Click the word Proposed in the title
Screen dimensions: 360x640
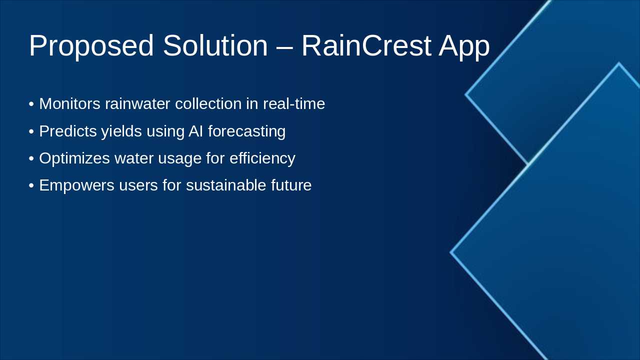[x=91, y=46]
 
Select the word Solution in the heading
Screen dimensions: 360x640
[x=215, y=46]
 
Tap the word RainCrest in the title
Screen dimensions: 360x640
[x=366, y=46]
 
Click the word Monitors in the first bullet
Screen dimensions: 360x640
[x=70, y=104]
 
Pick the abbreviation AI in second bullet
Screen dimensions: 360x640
[x=195, y=131]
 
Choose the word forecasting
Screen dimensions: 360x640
[x=246, y=131]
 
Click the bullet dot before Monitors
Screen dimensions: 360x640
[x=31, y=104]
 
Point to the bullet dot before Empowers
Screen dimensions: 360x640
[x=31, y=185]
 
